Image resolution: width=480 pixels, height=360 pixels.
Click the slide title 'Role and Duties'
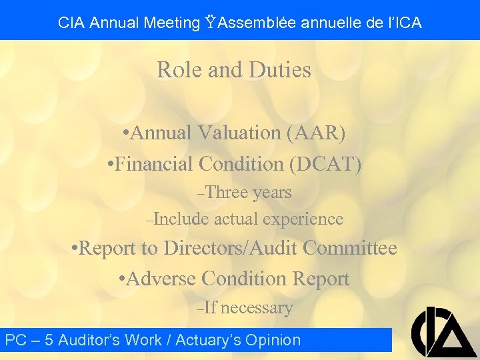(234, 70)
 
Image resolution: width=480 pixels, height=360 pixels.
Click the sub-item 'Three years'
(247, 193)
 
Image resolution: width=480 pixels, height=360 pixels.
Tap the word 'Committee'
(350, 248)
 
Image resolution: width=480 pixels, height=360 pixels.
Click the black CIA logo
(443, 332)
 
